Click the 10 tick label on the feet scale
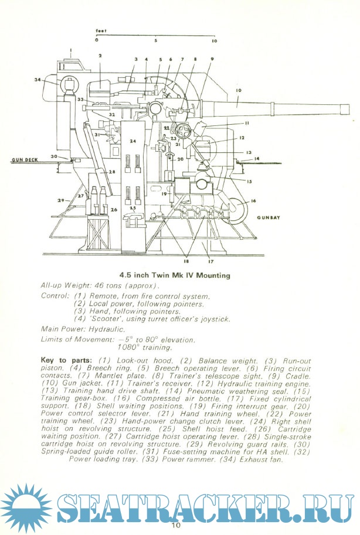point(214,42)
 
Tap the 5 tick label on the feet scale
point(156,42)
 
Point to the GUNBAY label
point(267,217)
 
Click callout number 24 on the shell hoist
point(133,141)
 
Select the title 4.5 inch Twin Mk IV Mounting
point(175,275)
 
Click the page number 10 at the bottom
point(176,525)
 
